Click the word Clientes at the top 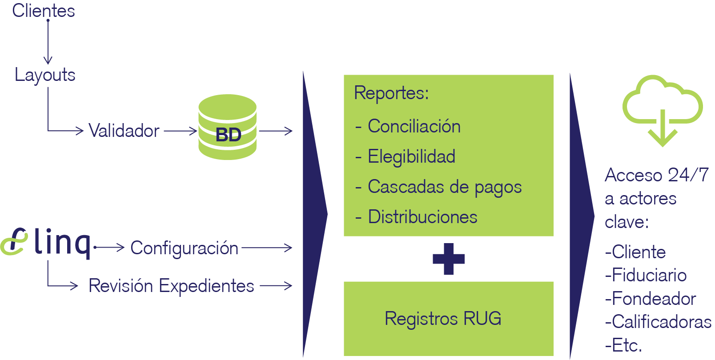44,11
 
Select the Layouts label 45,75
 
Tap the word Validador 124,131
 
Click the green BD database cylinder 228,127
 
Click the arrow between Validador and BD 181,131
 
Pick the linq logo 46,243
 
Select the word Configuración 184,248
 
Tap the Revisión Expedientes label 171,286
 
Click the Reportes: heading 391,93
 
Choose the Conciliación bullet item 408,126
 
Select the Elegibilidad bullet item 406,157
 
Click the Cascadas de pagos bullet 438,187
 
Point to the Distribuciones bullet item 416,217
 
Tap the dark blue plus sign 449,259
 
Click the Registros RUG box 449,319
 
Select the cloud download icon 663,111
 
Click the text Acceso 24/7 657,175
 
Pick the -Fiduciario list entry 646,276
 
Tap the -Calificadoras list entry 658,322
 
